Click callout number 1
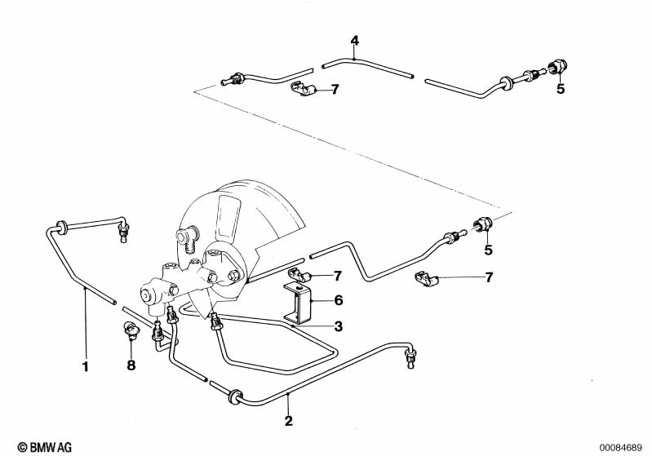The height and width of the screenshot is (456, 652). pyautogui.click(x=85, y=366)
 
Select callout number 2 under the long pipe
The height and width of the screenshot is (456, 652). pyautogui.click(x=288, y=421)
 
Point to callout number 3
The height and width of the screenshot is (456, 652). pyautogui.click(x=336, y=327)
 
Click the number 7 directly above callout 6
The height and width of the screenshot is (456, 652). pyautogui.click(x=336, y=276)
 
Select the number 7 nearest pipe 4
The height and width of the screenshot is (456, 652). pyautogui.click(x=335, y=89)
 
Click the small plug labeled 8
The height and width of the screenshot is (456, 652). pyautogui.click(x=129, y=330)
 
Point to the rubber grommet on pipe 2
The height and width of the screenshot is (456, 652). pyautogui.click(x=236, y=396)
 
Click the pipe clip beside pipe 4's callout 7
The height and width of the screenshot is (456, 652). pyautogui.click(x=305, y=87)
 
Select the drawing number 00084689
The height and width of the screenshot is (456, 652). pyautogui.click(x=620, y=446)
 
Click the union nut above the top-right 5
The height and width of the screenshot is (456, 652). pyautogui.click(x=561, y=67)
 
